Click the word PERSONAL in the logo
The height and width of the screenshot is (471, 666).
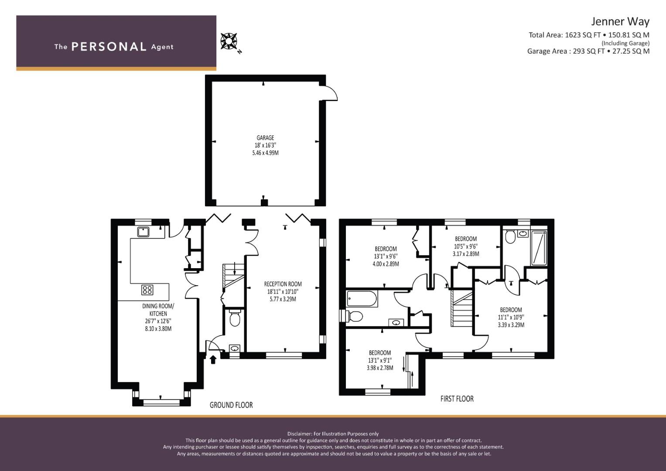(109, 47)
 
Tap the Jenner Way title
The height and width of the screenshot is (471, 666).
(620, 22)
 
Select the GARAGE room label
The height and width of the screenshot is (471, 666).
(265, 138)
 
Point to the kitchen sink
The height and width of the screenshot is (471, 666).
(143, 232)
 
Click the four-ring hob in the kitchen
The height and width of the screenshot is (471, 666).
(147, 290)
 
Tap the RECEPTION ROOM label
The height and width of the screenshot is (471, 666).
(283, 284)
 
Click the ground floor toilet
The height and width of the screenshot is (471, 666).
(235, 318)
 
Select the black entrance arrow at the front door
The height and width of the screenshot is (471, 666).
(213, 359)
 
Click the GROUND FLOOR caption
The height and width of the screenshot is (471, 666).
(231, 405)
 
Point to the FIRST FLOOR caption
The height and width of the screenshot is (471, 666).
(457, 399)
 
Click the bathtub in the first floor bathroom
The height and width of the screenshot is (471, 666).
(362, 299)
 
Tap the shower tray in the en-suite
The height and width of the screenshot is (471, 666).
(539, 248)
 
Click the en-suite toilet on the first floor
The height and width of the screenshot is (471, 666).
(510, 236)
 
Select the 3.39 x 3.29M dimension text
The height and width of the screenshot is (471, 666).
(511, 325)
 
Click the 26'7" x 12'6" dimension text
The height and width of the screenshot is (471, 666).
(158, 321)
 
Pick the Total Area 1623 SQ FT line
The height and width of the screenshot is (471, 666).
(589, 35)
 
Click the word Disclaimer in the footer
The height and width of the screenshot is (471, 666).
(300, 434)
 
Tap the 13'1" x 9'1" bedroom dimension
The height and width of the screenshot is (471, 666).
(380, 360)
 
